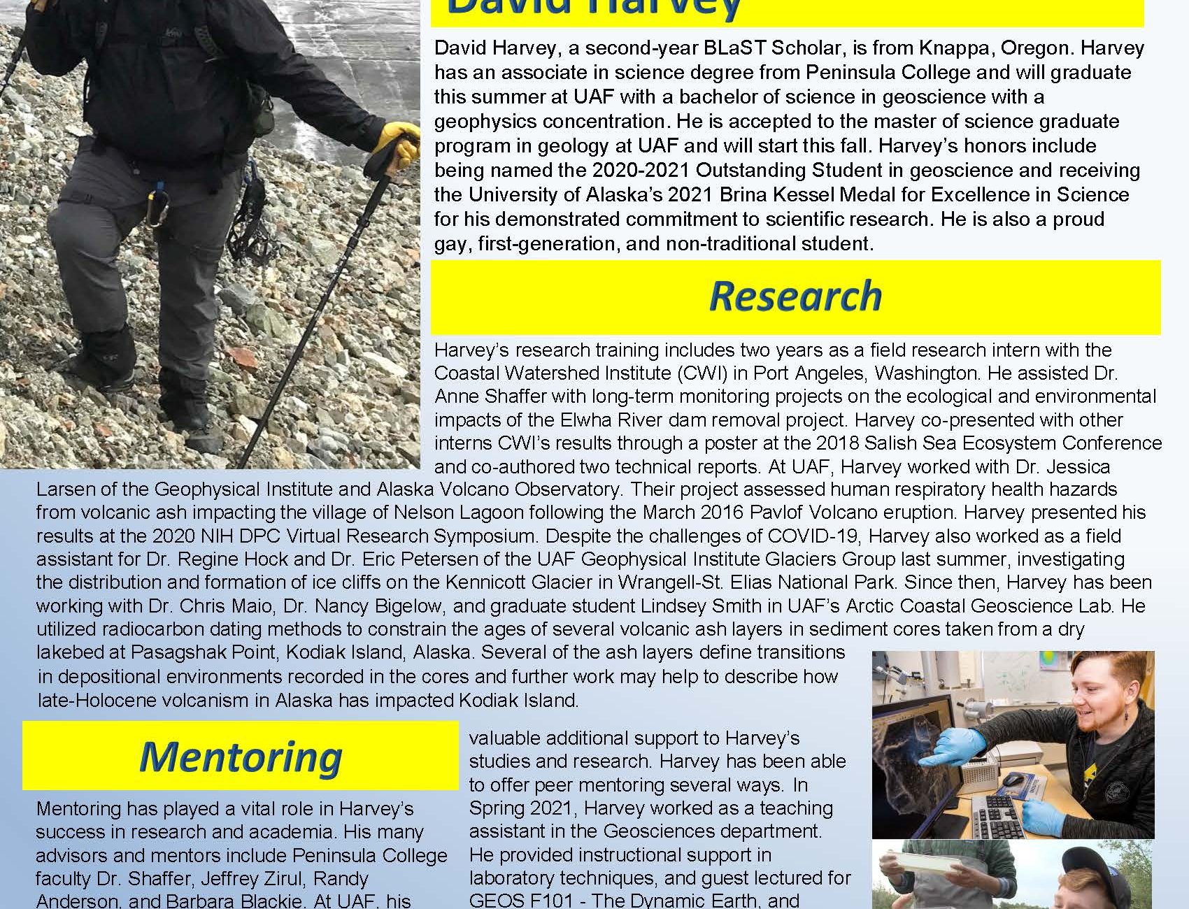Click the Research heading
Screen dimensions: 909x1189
click(x=795, y=296)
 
